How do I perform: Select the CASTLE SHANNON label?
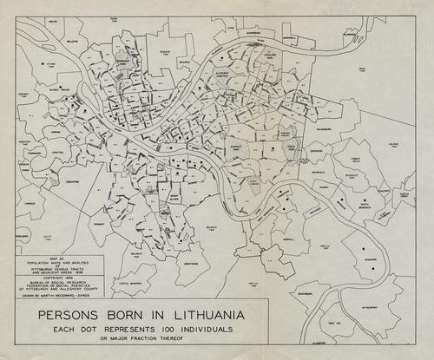[x=131, y=283]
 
